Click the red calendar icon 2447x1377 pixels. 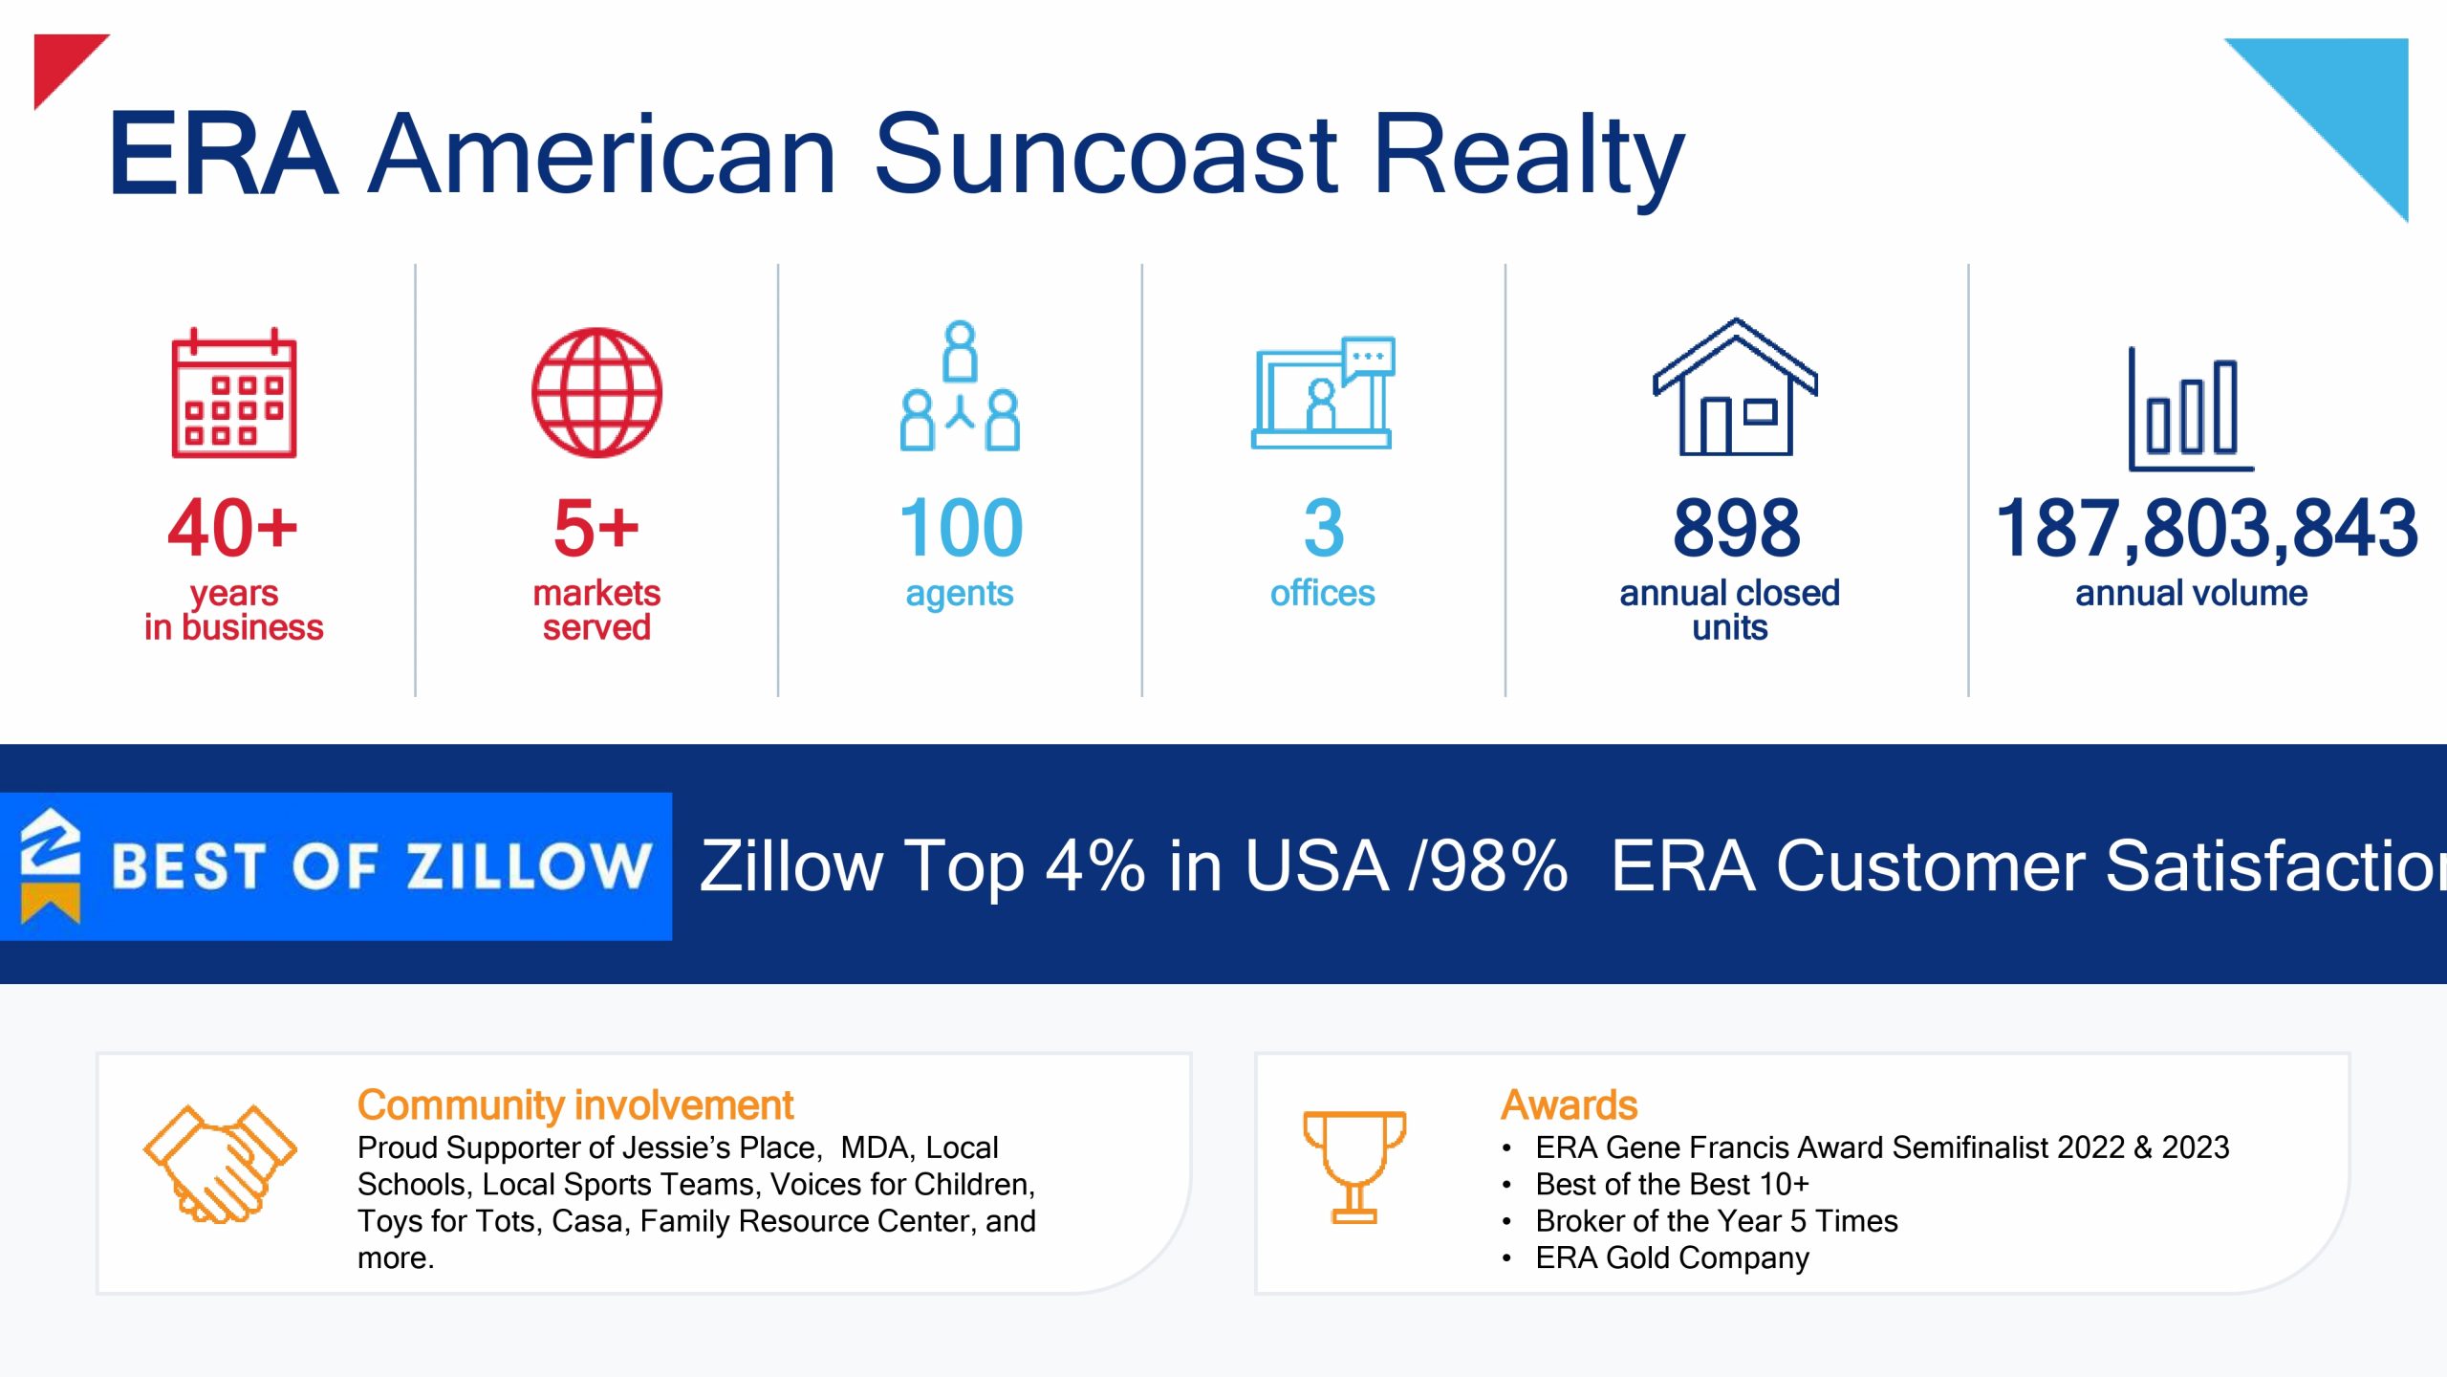(x=234, y=393)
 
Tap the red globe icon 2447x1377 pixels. (x=596, y=393)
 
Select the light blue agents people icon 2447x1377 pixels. (x=960, y=385)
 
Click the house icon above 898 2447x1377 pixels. (x=1735, y=386)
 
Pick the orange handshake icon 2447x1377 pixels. (x=220, y=1164)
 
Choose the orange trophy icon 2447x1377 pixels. (x=1354, y=1167)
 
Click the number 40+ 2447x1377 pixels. (x=232, y=527)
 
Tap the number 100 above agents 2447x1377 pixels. (x=961, y=527)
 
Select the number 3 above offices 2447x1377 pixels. (x=1324, y=527)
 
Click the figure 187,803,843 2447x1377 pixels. (x=2207, y=529)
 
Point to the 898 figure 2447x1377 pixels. (x=1736, y=527)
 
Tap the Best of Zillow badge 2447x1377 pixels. (x=336, y=866)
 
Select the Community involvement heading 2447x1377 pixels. (x=575, y=1105)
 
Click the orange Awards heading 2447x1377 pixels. (x=1569, y=1105)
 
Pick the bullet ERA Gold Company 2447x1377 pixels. (x=1672, y=1257)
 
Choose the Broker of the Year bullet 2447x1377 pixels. (x=1716, y=1221)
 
